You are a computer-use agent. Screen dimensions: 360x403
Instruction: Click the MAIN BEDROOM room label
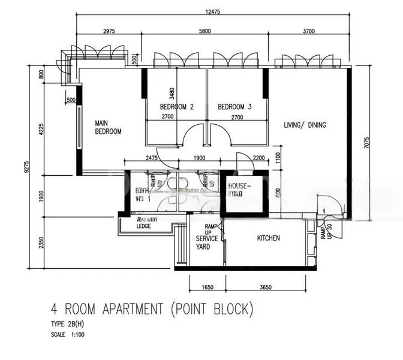[109, 127]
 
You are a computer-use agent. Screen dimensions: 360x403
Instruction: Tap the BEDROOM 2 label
[176, 107]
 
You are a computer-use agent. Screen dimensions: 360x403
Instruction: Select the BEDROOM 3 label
[234, 107]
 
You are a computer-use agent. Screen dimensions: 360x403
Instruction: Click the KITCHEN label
[268, 238]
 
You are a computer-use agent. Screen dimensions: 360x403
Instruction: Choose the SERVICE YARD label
[207, 242]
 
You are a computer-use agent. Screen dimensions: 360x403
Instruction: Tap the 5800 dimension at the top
[204, 31]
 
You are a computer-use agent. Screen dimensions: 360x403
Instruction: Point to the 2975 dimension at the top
[109, 31]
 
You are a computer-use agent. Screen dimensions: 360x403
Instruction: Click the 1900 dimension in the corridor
[199, 158]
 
